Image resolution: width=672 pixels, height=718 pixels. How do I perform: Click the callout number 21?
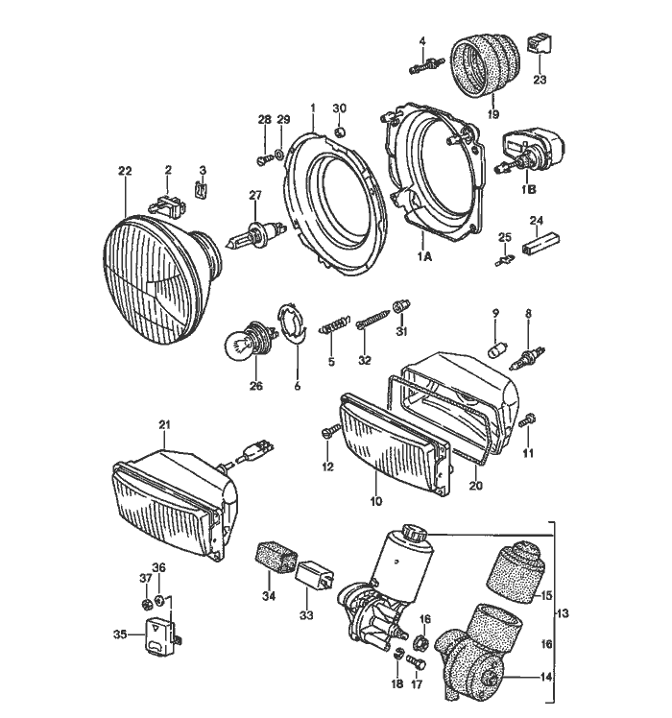click(163, 423)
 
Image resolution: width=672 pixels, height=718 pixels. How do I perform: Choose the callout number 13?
click(564, 612)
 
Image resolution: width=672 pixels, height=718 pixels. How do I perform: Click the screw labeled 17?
click(417, 661)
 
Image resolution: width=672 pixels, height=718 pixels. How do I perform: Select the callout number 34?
click(266, 596)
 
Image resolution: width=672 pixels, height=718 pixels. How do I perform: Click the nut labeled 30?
click(339, 130)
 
